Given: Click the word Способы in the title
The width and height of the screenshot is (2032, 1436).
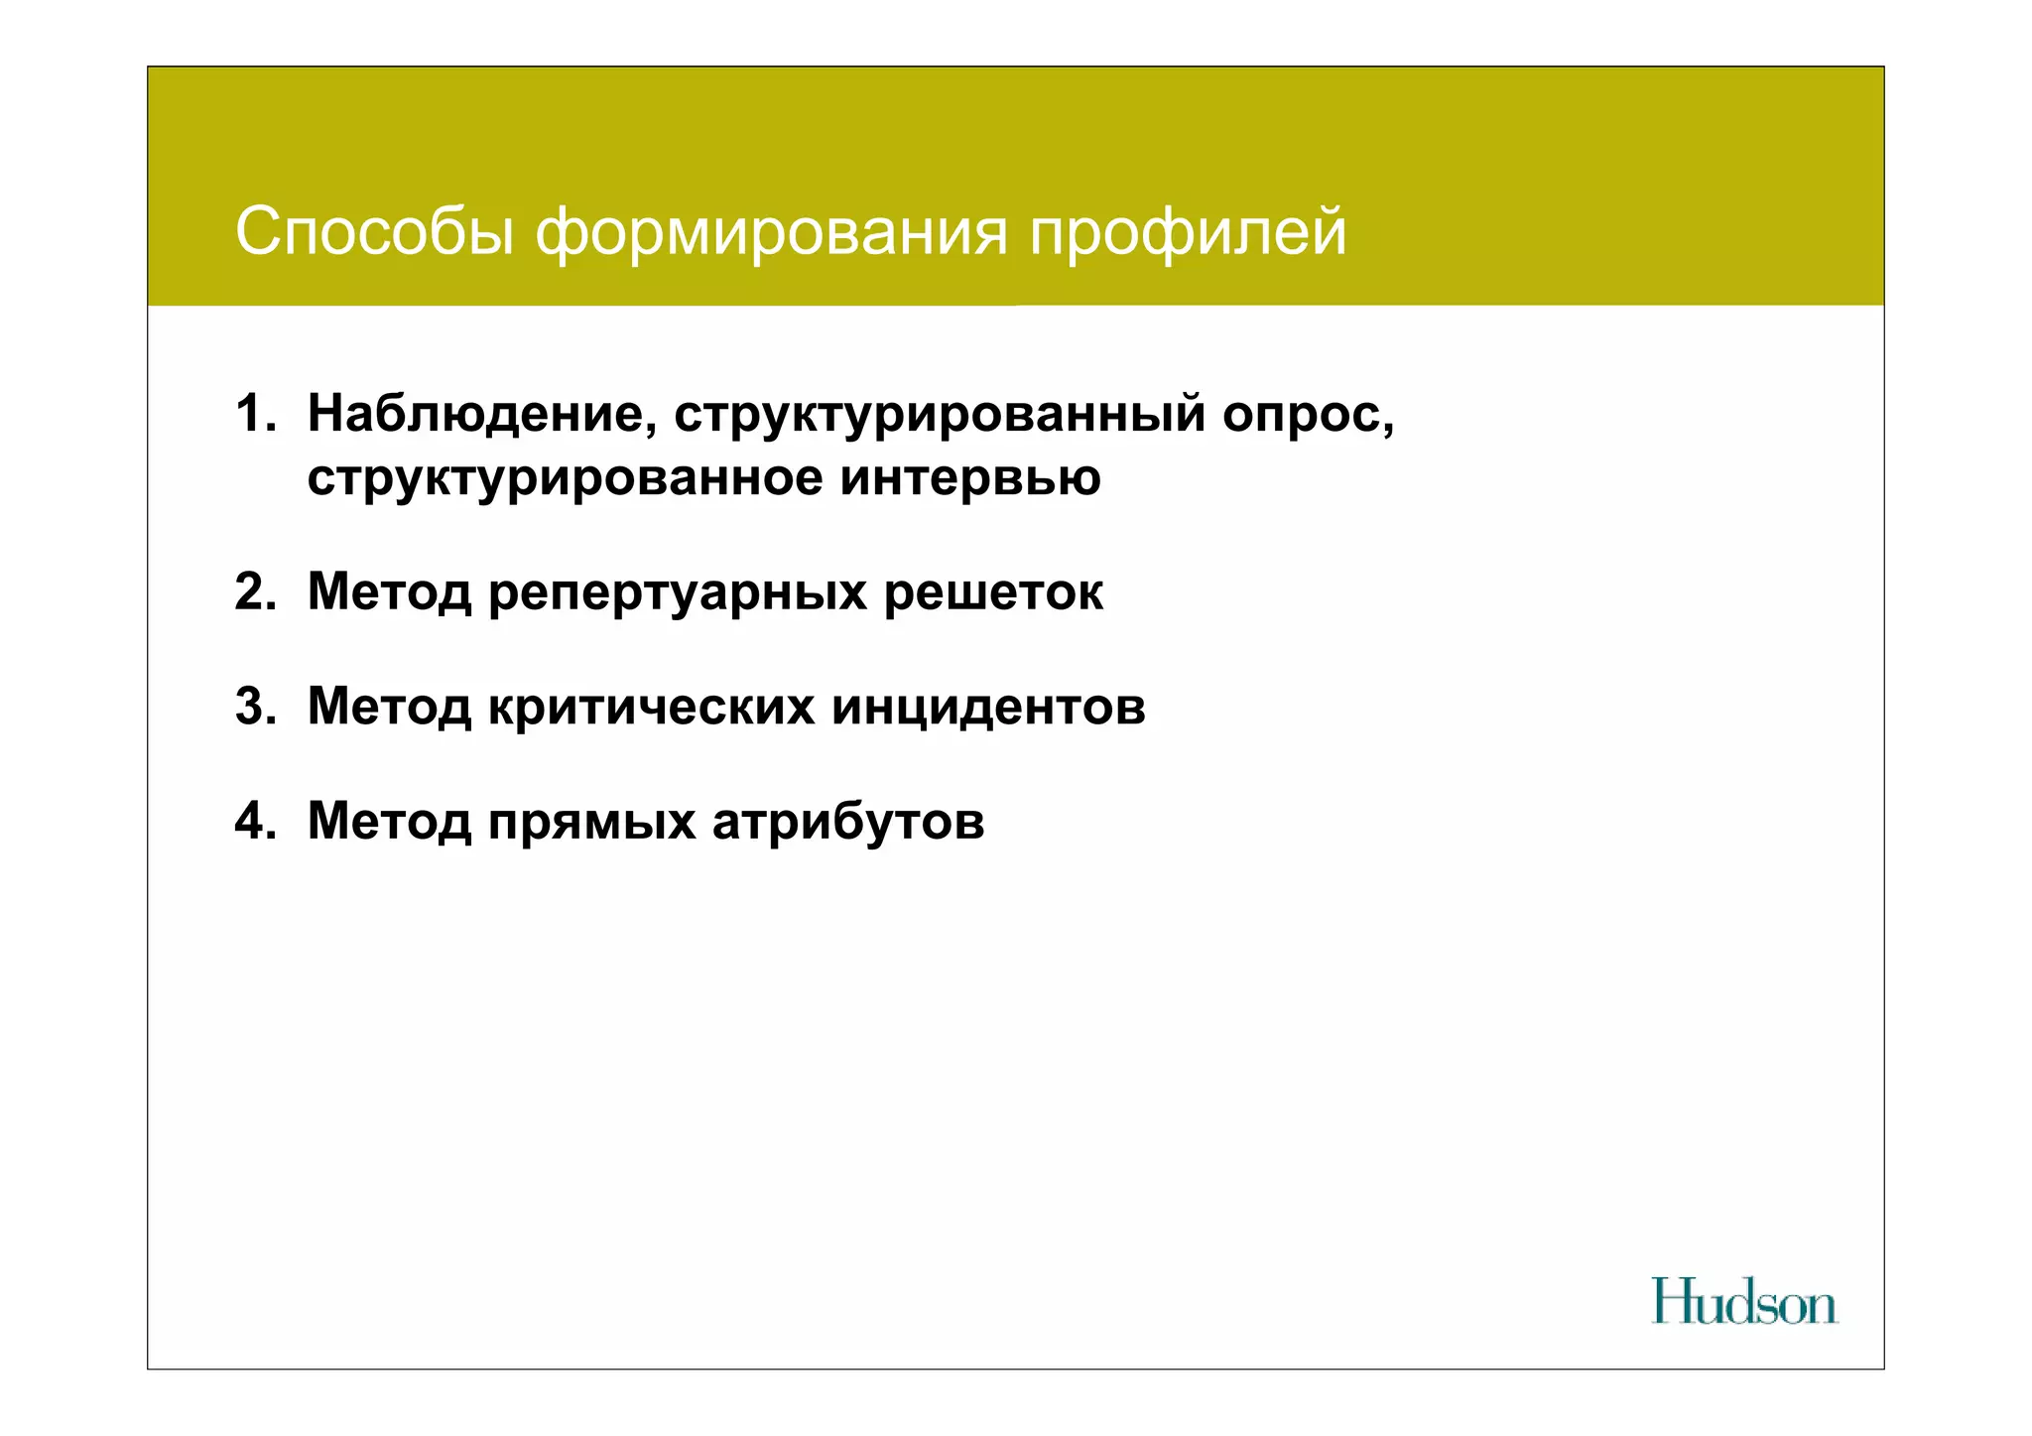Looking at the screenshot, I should click(x=374, y=232).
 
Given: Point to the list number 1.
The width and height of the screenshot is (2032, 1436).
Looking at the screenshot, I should click(x=255, y=413).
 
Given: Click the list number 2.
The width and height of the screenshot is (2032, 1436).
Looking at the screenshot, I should click(x=255, y=591).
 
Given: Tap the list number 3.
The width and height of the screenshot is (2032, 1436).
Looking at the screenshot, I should click(x=255, y=707).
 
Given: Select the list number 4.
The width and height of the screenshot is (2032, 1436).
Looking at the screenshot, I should click(x=255, y=822).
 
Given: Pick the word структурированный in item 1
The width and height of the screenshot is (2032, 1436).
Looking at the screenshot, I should click(x=940, y=415).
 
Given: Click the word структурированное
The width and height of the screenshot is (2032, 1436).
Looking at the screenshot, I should click(x=565, y=478).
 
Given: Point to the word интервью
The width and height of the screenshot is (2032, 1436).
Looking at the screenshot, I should click(x=970, y=478).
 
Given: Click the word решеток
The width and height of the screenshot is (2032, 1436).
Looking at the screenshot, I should click(x=993, y=592).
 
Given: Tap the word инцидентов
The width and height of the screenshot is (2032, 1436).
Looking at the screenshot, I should click(x=988, y=708).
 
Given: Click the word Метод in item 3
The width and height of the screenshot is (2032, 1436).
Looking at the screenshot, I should click(x=389, y=707).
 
